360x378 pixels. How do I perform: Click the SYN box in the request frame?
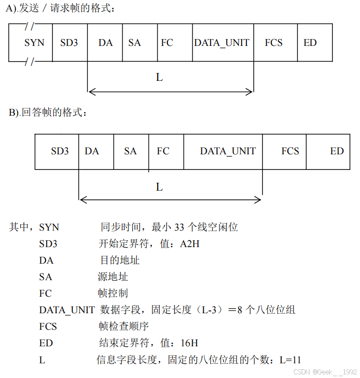[x=34, y=43]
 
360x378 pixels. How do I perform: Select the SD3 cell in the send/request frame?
[x=69, y=43]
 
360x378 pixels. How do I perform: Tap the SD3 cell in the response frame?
[x=60, y=151]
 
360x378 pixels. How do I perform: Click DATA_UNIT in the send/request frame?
[x=222, y=43]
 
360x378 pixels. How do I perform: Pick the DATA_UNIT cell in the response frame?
[x=228, y=151]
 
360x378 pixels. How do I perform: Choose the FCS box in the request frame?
[x=274, y=43]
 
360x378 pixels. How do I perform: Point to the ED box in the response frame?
[x=337, y=151]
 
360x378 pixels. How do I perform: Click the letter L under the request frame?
[x=159, y=77]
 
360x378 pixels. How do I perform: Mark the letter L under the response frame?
[x=159, y=187]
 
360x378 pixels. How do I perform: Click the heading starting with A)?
[x=60, y=8]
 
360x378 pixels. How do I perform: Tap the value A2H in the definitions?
[x=189, y=243]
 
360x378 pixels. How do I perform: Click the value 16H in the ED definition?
[x=189, y=343]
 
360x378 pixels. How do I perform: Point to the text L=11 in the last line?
[x=290, y=360]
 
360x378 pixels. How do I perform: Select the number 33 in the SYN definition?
[x=179, y=227]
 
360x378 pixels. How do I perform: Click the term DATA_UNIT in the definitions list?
[x=67, y=310]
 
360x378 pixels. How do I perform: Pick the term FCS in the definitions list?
[x=48, y=326]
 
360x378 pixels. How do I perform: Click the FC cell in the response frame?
[x=163, y=151]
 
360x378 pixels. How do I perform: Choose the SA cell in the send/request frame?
[x=134, y=43]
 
